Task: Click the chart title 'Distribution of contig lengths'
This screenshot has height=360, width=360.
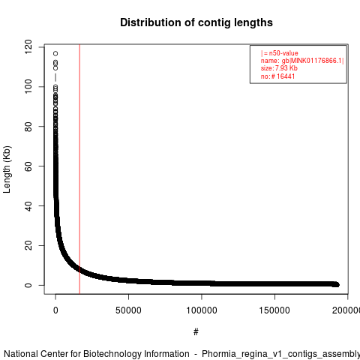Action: click(x=196, y=22)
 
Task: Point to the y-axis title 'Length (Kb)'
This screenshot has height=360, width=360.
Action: click(x=7, y=169)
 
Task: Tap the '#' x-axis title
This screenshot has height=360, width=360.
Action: click(x=196, y=332)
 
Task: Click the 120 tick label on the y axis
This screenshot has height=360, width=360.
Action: click(x=28, y=46)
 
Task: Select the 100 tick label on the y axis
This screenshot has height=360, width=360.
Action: click(x=28, y=86)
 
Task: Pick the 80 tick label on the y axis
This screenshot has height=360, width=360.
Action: click(x=28, y=126)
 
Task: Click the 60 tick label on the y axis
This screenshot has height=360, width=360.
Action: click(x=28, y=166)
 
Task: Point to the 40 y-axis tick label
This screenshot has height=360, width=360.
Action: click(x=28, y=205)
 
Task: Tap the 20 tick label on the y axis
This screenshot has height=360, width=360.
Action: click(x=28, y=245)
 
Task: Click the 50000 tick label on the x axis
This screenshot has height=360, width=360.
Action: click(x=128, y=310)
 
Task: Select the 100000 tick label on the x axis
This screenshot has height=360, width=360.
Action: click(x=202, y=310)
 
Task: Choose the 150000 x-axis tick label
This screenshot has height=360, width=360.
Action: click(x=274, y=310)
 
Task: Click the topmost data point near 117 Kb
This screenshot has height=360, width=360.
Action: click(x=55, y=53)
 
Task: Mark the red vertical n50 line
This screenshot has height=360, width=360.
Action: click(x=79, y=169)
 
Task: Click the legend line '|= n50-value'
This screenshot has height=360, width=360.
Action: click(x=280, y=53)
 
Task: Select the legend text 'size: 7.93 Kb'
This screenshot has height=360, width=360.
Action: click(x=279, y=68)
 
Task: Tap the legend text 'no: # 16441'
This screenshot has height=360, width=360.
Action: click(x=277, y=76)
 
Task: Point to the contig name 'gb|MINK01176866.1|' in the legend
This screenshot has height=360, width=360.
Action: click(x=313, y=61)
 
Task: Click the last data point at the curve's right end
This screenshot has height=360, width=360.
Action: click(x=337, y=285)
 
